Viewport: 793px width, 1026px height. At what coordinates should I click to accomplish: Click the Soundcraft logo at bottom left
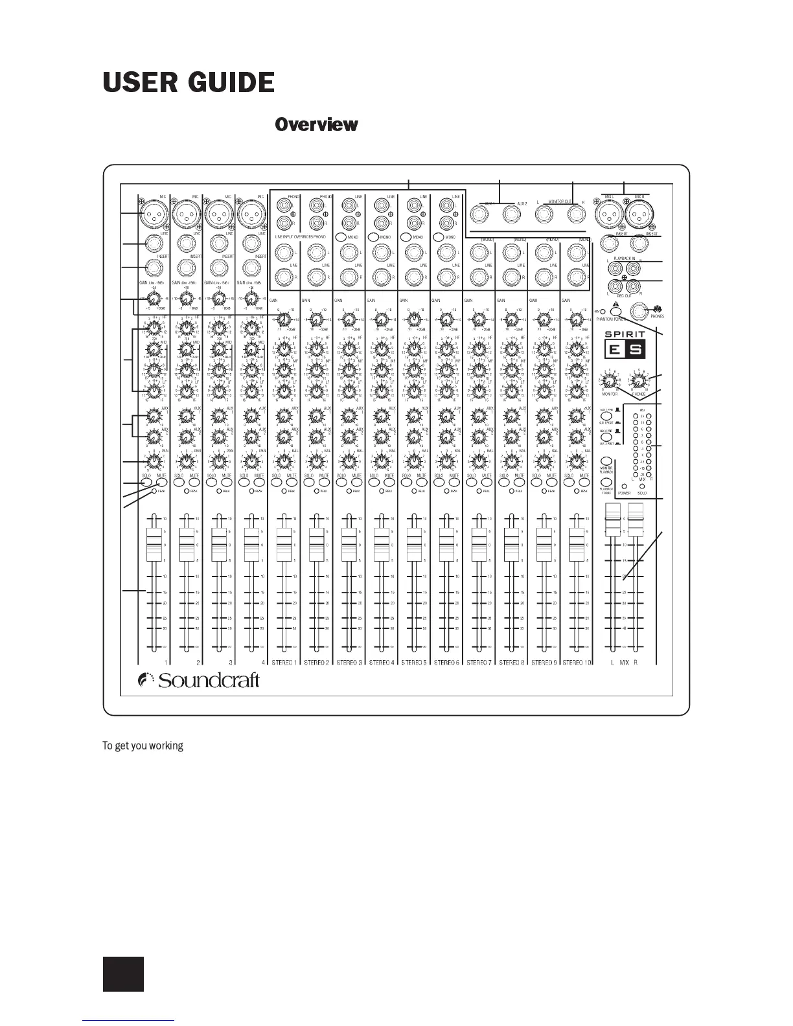[x=200, y=680]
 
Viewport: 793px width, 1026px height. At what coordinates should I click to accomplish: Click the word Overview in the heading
[x=316, y=124]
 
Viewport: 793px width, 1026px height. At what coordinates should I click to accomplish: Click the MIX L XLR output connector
[x=610, y=212]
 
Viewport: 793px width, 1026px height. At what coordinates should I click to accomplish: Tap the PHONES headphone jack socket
[x=641, y=312]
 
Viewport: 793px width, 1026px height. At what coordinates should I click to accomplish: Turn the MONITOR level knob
[x=609, y=380]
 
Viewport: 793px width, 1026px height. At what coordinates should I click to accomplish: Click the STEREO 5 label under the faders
[x=413, y=663]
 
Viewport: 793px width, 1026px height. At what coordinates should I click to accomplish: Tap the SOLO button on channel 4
[x=244, y=483]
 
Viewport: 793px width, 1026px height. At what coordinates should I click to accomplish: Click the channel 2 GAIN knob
[x=186, y=300]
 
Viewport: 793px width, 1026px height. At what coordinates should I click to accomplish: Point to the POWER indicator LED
[x=624, y=486]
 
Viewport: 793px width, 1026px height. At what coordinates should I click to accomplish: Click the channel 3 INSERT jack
[x=219, y=267]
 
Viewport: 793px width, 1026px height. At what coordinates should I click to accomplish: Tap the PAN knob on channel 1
[x=154, y=461]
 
